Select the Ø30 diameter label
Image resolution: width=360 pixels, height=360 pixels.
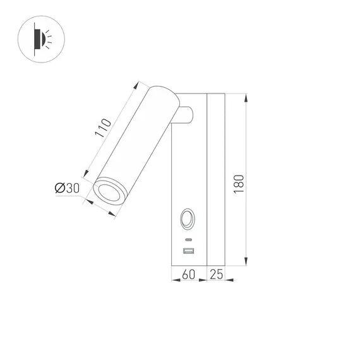tap(66, 188)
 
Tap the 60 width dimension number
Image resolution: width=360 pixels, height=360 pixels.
tap(188, 275)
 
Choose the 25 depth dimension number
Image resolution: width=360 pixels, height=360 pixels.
tap(216, 275)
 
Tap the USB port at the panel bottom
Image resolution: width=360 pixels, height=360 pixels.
tap(188, 253)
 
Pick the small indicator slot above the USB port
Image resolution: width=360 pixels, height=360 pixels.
tap(188, 240)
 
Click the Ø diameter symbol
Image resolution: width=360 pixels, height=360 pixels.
tap(59, 188)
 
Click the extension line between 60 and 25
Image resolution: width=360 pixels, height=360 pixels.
tap(207, 273)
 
